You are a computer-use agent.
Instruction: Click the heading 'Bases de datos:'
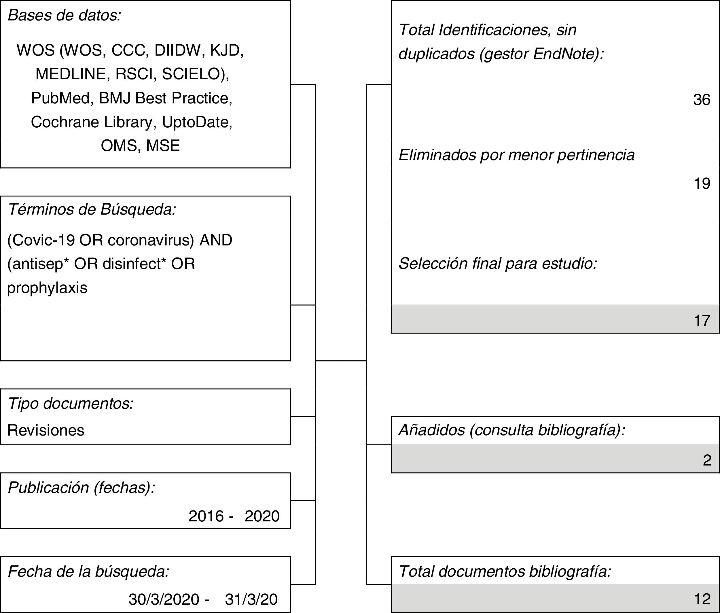point(64,16)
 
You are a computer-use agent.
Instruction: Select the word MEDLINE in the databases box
point(71,74)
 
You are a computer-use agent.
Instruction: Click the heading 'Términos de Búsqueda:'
point(92,209)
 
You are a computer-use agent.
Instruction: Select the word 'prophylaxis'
point(47,288)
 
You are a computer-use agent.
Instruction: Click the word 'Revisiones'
point(46,430)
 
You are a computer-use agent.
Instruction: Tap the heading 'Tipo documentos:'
point(71,404)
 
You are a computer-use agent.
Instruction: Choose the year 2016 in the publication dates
point(206,516)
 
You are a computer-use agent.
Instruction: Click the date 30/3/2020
point(164,599)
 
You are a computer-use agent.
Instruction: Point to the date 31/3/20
point(251,599)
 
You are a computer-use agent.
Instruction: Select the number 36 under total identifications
point(702,100)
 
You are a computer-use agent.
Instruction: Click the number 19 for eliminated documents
point(702,183)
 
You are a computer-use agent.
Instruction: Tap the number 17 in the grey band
point(702,320)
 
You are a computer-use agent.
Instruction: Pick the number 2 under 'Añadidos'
point(707,460)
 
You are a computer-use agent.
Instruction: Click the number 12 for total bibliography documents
point(702,599)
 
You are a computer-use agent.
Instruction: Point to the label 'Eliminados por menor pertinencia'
point(516,155)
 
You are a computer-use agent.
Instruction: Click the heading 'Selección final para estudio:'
point(498,263)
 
